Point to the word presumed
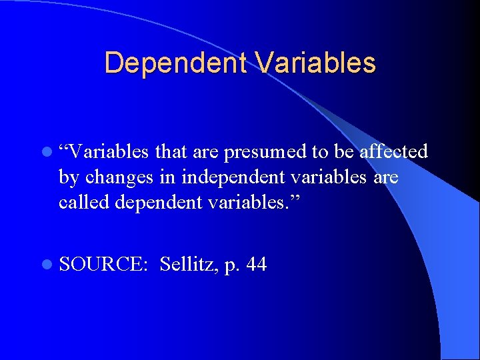(x=265, y=153)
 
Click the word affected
(x=393, y=152)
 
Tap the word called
(x=84, y=201)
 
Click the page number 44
(x=257, y=265)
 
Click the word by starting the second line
(x=67, y=177)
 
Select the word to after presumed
(x=319, y=153)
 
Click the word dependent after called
(x=157, y=202)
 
